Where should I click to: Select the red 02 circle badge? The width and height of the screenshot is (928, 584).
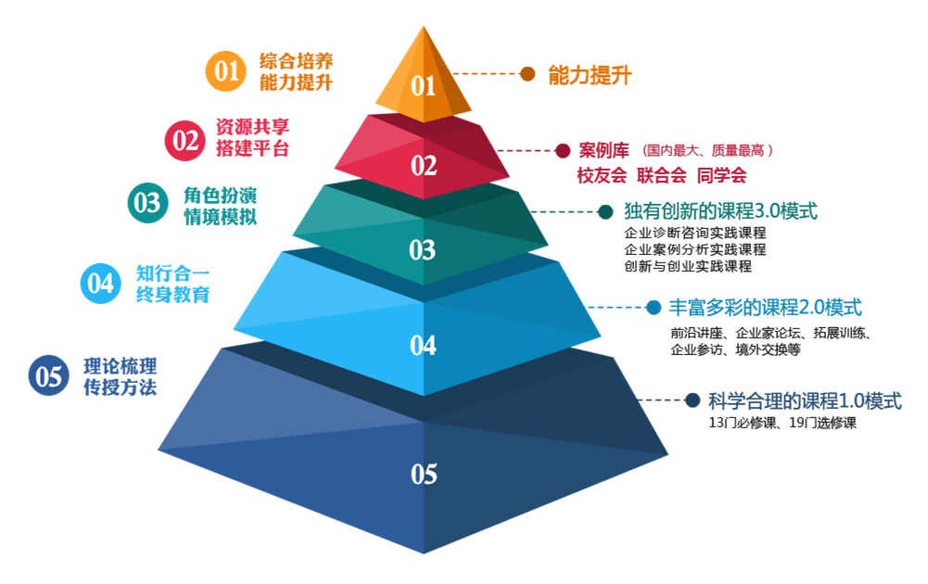click(185, 140)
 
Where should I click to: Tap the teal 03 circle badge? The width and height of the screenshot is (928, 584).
click(147, 204)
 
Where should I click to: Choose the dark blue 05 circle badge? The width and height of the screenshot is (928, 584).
click(49, 375)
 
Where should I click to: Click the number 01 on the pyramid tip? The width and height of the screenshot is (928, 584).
click(424, 86)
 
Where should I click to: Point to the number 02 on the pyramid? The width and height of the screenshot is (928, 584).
click(424, 166)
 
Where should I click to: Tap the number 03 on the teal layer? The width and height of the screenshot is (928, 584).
click(422, 249)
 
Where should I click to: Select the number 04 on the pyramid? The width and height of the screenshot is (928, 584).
click(423, 345)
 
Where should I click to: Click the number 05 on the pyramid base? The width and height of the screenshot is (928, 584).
click(424, 474)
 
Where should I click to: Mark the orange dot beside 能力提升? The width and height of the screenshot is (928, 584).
click(528, 74)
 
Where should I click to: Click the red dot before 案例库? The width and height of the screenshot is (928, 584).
click(562, 150)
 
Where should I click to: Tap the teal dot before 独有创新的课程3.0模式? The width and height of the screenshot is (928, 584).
click(605, 212)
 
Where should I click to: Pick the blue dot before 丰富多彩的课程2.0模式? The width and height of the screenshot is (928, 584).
click(653, 307)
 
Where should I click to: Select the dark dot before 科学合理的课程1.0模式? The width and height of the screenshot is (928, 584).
click(693, 400)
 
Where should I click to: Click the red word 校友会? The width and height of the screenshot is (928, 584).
click(602, 175)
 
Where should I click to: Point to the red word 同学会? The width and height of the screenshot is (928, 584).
click(721, 175)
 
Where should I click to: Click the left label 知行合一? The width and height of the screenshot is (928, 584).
click(173, 273)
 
